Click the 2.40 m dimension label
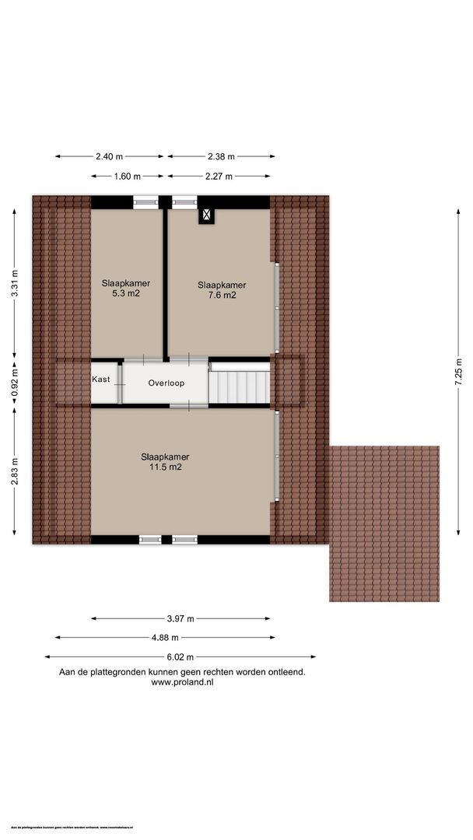coord(110,156)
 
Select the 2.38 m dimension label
coord(221,156)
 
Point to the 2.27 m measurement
coord(221,176)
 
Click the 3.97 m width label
coord(180,619)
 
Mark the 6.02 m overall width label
coord(180,657)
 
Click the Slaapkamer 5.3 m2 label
coord(125,289)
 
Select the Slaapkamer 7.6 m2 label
coord(222,290)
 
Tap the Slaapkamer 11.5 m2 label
coord(165,462)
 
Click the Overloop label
coord(166,383)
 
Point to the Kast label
coord(100,380)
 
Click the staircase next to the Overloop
coord(240,383)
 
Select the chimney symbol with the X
coord(206,215)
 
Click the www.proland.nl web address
coord(182,682)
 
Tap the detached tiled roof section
coord(384,523)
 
